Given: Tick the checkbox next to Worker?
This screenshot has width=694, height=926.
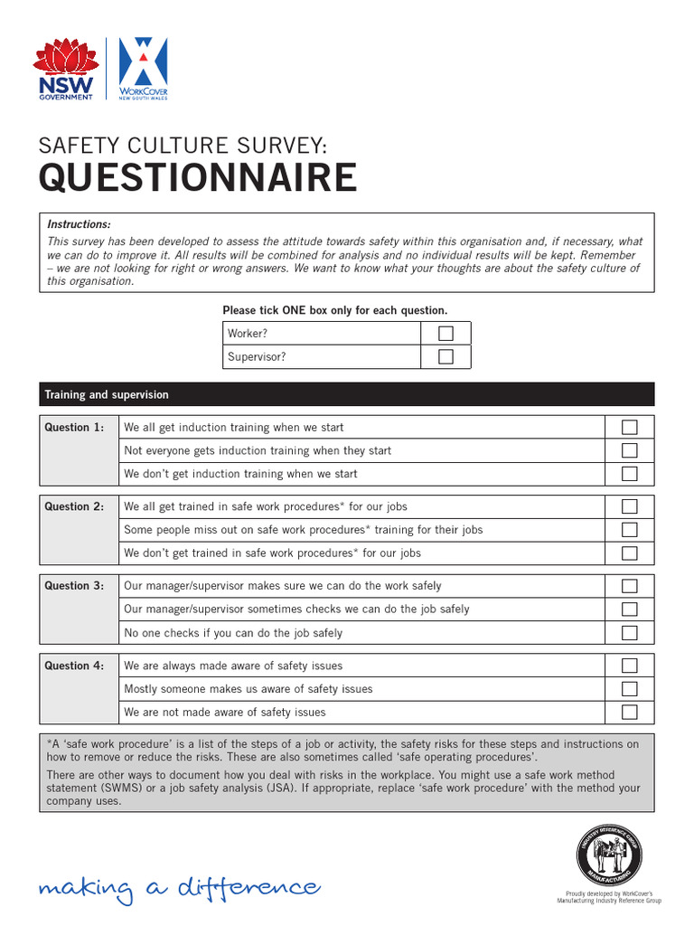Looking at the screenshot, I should (445, 334).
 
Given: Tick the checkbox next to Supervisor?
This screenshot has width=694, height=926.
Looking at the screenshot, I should (445, 357).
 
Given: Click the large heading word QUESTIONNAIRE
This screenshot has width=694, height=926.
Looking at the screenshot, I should (197, 179).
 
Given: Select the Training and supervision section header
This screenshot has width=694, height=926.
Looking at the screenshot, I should (107, 395).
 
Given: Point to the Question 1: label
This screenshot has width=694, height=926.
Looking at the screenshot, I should (74, 428).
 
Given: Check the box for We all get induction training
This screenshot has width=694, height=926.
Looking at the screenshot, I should (629, 428).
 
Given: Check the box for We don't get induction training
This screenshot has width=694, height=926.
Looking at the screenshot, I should (629, 474).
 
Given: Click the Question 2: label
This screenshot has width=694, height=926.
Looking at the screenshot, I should (74, 507).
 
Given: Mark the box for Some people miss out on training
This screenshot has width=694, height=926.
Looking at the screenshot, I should (629, 530).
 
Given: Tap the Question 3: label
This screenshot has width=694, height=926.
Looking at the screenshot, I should (74, 586).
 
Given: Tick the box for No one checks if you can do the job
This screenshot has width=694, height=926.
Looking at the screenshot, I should (629, 633).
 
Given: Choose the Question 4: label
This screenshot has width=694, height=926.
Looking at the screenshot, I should (74, 666).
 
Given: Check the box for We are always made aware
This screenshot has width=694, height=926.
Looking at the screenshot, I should (629, 666).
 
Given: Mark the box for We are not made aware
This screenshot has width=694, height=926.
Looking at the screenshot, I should (629, 713).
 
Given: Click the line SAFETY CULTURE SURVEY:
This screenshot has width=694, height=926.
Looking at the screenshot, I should (182, 145).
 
